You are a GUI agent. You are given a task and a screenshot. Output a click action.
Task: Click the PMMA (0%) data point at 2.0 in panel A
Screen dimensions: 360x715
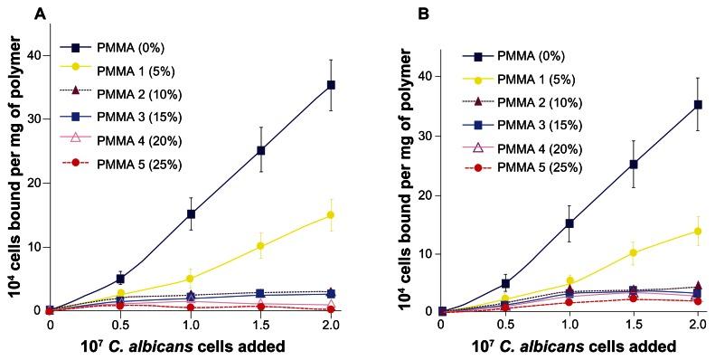(x=331, y=85)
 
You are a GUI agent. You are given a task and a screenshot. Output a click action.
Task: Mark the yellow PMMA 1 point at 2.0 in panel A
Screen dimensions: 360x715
(x=331, y=215)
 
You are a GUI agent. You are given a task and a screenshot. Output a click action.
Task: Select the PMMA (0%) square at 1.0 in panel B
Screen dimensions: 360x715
(x=569, y=223)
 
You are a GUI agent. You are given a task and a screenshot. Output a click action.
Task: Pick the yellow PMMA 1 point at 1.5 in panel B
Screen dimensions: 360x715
(x=634, y=252)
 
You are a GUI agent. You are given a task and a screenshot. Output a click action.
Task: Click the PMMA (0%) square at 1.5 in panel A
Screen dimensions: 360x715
(x=260, y=150)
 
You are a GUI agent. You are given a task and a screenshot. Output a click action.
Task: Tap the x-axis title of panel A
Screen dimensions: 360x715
(x=190, y=346)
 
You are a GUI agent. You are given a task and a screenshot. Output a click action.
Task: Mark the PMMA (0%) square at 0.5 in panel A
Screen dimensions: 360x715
(x=120, y=279)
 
